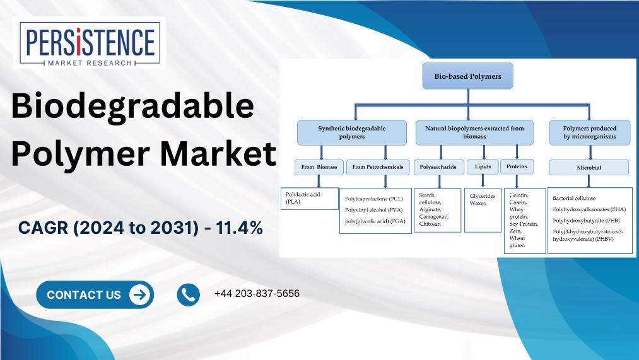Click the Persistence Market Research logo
click(89, 44)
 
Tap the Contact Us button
click(95, 294)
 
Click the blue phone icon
click(188, 294)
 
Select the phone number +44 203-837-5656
click(257, 294)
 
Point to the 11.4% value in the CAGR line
click(239, 228)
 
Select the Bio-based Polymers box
click(467, 76)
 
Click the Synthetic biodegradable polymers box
click(352, 132)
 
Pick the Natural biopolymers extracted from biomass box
click(474, 132)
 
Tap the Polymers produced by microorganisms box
click(589, 132)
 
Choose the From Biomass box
click(319, 167)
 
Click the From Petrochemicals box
click(378, 167)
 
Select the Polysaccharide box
click(439, 167)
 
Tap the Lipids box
click(483, 166)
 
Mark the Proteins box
click(517, 166)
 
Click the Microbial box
click(589, 167)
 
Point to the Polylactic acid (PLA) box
click(310, 199)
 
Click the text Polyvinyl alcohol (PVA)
click(373, 210)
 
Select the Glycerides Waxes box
click(483, 210)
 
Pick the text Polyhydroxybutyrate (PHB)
click(586, 220)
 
